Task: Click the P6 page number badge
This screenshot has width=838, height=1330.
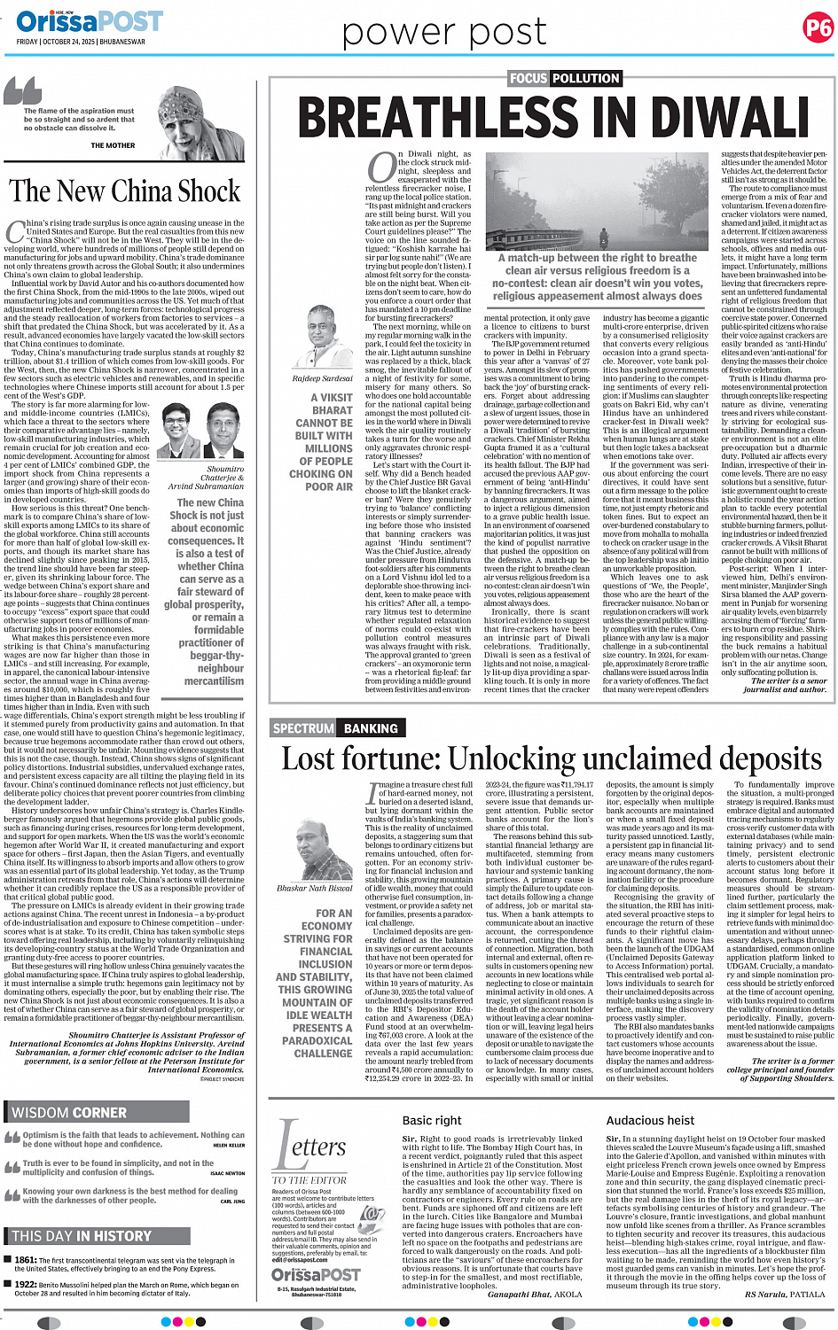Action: [818, 27]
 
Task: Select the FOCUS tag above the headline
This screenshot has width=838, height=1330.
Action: [528, 78]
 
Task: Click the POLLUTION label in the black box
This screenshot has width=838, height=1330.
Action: [586, 78]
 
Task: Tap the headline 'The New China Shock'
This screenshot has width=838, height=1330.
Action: [124, 191]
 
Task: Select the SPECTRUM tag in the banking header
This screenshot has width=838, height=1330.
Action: [303, 728]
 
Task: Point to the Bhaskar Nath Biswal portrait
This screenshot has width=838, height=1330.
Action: [317, 850]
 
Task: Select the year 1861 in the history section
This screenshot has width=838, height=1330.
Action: [25, 1260]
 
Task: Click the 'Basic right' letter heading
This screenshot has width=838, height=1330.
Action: [432, 1120]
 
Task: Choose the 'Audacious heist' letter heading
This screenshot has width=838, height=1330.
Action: [650, 1120]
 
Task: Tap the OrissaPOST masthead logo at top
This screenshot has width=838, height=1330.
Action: [89, 21]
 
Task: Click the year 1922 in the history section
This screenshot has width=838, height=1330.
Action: [25, 1284]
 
